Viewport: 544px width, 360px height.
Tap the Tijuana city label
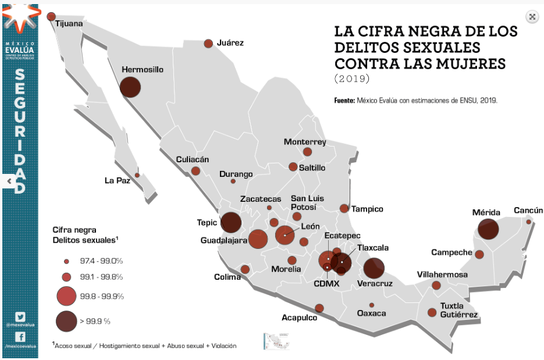tap(69, 24)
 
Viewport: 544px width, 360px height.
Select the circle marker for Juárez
tap(208, 44)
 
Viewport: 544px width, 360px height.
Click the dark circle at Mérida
tap(488, 230)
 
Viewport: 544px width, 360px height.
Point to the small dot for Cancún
tap(528, 222)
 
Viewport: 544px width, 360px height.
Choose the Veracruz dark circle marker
tap(374, 268)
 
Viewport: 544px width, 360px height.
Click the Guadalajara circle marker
tap(258, 239)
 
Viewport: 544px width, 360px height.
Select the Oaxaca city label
tap(371, 313)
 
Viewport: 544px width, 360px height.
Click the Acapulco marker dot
tap(319, 308)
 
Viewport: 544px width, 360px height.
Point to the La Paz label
tap(118, 180)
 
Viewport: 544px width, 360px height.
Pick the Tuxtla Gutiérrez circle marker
tap(432, 312)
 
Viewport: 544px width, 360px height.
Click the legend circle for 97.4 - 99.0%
tap(66, 261)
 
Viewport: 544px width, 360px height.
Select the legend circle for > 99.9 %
tap(66, 320)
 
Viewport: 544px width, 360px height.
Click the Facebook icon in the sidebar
tap(20, 336)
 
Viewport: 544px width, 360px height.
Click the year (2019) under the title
tap(351, 77)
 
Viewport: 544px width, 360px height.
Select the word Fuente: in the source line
tap(344, 101)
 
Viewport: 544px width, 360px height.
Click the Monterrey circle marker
tap(307, 152)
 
